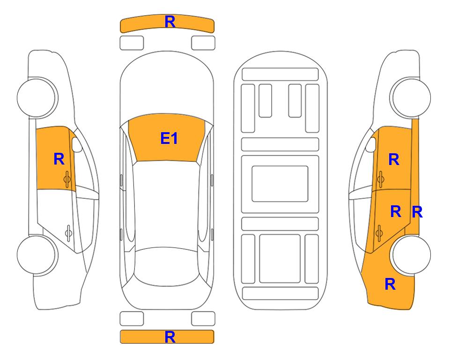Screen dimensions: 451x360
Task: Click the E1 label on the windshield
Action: (169, 138)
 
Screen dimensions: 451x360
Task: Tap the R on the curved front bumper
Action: (170, 22)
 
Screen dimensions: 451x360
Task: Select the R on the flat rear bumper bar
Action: (170, 337)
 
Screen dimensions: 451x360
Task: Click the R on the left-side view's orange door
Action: (59, 159)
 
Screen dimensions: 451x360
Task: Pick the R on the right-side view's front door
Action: (394, 159)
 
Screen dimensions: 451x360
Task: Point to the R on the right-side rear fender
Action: (390, 284)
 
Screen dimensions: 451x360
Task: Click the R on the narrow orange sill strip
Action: (417, 212)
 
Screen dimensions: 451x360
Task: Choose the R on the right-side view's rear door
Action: (396, 212)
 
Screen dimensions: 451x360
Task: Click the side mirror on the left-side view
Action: (76, 144)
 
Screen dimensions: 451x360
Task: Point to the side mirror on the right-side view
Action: (371, 144)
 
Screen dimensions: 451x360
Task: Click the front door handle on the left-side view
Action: (67, 179)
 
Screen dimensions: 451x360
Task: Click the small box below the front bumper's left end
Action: (132, 43)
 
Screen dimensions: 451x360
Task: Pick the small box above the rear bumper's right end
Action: (203, 319)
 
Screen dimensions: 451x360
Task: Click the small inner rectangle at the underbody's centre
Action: (280, 184)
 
